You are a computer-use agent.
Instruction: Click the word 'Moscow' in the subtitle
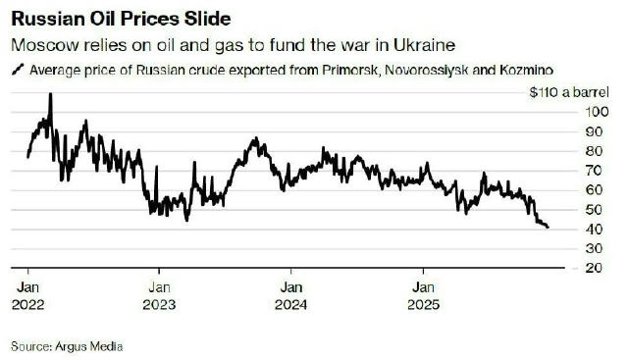(42, 45)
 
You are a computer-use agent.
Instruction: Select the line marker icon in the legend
(17, 70)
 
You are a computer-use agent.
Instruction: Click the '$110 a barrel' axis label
(564, 91)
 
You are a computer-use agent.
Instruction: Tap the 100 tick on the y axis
(592, 112)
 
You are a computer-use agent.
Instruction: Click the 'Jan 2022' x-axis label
(27, 295)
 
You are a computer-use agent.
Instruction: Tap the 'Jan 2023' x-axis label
(159, 295)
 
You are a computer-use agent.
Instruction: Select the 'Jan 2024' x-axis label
(290, 295)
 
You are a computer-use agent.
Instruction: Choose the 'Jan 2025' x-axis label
(423, 295)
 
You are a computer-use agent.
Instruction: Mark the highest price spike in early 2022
(50, 95)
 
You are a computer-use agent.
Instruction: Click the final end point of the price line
(549, 228)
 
